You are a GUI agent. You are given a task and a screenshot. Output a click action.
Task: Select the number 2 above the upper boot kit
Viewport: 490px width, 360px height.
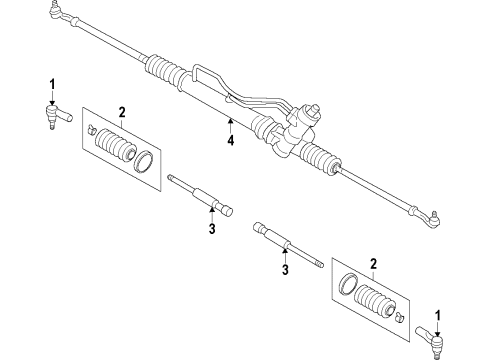click(120, 111)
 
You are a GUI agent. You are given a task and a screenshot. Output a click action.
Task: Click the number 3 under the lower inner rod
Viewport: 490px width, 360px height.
click(283, 268)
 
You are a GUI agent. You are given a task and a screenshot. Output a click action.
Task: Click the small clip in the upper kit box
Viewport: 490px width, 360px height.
click(91, 129)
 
